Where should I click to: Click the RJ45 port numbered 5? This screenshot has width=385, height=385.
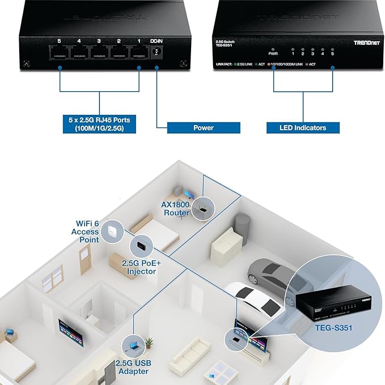pos(59,53)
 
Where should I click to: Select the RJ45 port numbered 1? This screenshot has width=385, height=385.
pos(138,53)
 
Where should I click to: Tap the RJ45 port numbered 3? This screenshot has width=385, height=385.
pos(99,53)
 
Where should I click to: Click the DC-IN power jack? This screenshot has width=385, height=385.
pos(156,52)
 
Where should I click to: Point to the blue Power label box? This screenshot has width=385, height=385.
pos(203,127)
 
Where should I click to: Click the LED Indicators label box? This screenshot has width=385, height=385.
pos(303,127)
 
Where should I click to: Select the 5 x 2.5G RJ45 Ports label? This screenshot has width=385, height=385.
pos(100,124)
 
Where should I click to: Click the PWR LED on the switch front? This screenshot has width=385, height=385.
pos(273,49)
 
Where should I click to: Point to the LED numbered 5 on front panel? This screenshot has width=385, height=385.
pos(332,49)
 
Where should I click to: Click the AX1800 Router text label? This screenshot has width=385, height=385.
pos(176,208)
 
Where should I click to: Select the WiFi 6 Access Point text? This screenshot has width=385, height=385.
pos(84,232)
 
